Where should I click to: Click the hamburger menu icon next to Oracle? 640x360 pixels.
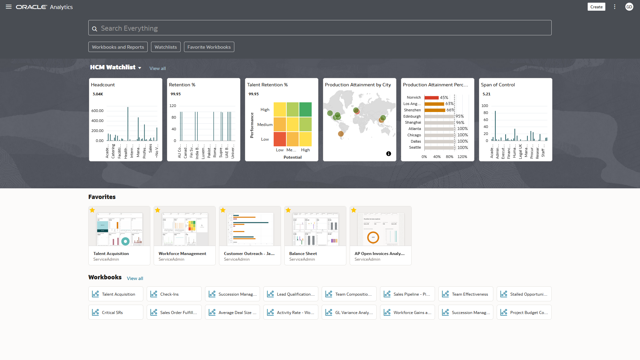pos(9,7)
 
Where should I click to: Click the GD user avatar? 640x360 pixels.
pos(629,7)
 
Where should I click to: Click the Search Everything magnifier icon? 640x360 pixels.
pos(95,29)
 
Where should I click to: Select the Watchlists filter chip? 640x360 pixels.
pos(166,47)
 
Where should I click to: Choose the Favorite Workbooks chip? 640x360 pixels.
pos(209,47)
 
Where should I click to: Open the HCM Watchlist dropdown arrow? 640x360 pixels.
pos(140,68)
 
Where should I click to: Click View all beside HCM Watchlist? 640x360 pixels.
pos(157,68)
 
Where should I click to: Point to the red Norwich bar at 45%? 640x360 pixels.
pos(431,98)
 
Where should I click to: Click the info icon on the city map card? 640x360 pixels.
pos(389,154)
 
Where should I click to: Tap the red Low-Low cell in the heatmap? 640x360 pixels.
pos(280,139)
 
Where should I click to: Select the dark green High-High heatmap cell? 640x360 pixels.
pos(305,110)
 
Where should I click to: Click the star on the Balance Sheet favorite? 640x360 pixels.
pos(288,210)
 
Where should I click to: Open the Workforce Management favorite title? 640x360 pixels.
pos(182,254)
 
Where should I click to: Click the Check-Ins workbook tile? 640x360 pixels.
pos(174,294)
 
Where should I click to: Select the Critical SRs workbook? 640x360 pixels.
pos(116,312)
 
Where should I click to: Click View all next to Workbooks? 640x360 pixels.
pos(135,278)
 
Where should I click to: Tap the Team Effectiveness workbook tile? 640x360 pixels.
pos(466,294)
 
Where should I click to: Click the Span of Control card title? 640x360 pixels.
pos(498,85)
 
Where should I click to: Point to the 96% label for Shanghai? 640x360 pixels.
pos(460,123)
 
